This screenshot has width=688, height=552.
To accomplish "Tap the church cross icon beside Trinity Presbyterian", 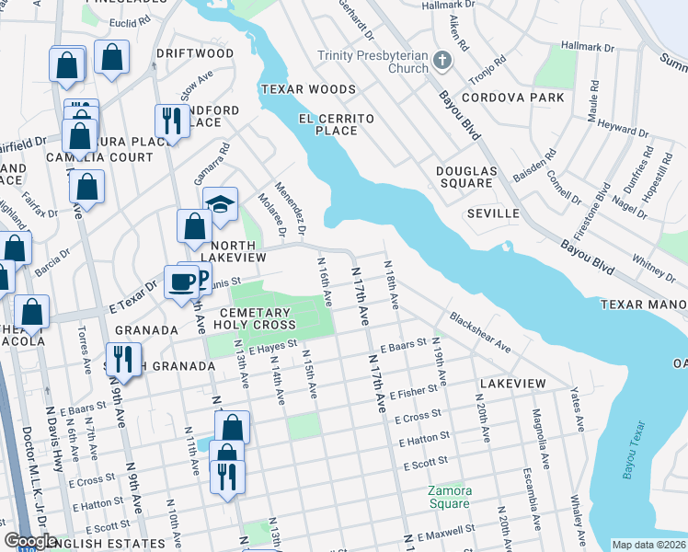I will click(x=443, y=62).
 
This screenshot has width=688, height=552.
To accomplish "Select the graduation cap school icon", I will click(x=221, y=202).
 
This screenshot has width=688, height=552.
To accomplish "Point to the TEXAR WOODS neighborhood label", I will click(x=307, y=89).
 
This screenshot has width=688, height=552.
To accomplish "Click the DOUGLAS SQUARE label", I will click(x=466, y=177).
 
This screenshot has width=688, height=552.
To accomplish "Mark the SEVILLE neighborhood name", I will click(x=493, y=213).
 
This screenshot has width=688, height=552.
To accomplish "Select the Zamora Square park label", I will click(x=449, y=497).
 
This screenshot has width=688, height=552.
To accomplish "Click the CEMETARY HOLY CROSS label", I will click(x=255, y=317).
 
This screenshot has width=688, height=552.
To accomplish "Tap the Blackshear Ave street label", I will click(x=480, y=330).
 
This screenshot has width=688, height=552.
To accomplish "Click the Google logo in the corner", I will click(x=30, y=541).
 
